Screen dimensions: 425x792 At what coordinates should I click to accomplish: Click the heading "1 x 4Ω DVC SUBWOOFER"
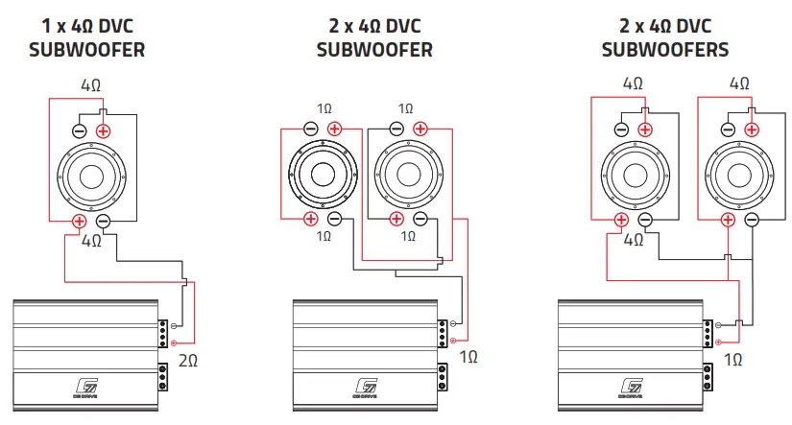[x=92, y=37]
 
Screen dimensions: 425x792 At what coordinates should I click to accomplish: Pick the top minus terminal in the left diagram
[x=80, y=130]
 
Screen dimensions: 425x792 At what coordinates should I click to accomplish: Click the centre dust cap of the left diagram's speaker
[x=91, y=177]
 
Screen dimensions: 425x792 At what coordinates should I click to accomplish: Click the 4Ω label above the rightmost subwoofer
[x=739, y=83]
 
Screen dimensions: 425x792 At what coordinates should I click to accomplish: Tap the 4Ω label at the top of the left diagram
[x=91, y=84]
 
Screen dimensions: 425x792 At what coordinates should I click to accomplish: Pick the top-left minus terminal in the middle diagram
[x=310, y=129]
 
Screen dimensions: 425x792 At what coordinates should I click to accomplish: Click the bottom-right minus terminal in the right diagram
[x=752, y=220]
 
